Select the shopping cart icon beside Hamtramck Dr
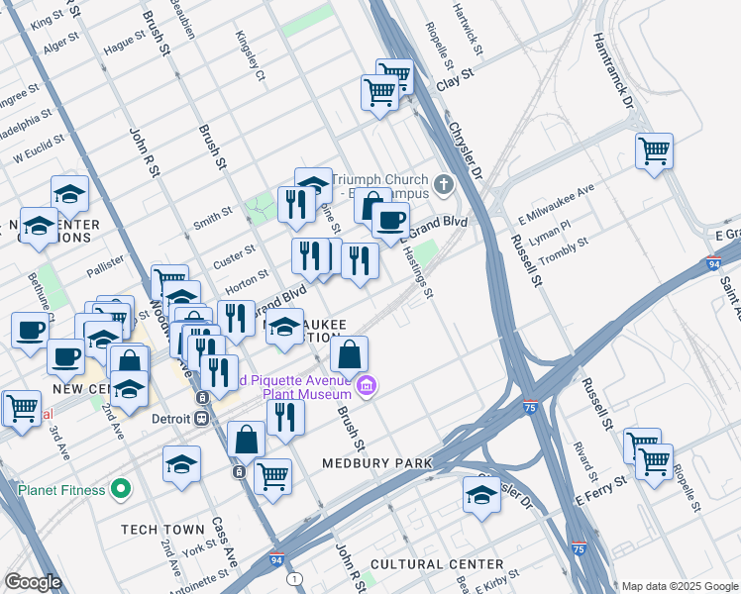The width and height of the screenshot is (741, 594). click(x=654, y=152)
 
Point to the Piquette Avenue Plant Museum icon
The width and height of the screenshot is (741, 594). click(x=368, y=385)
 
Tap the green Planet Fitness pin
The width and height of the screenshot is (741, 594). click(x=121, y=488)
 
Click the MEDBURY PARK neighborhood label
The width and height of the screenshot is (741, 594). click(x=376, y=463)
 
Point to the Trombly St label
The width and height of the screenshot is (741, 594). click(x=563, y=248)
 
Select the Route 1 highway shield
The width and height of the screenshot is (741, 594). click(x=293, y=578)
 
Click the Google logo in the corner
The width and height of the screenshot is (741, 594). click(x=33, y=582)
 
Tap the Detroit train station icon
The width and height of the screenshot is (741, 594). click(x=202, y=418)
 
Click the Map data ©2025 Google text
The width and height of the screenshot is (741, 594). click(x=679, y=586)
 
